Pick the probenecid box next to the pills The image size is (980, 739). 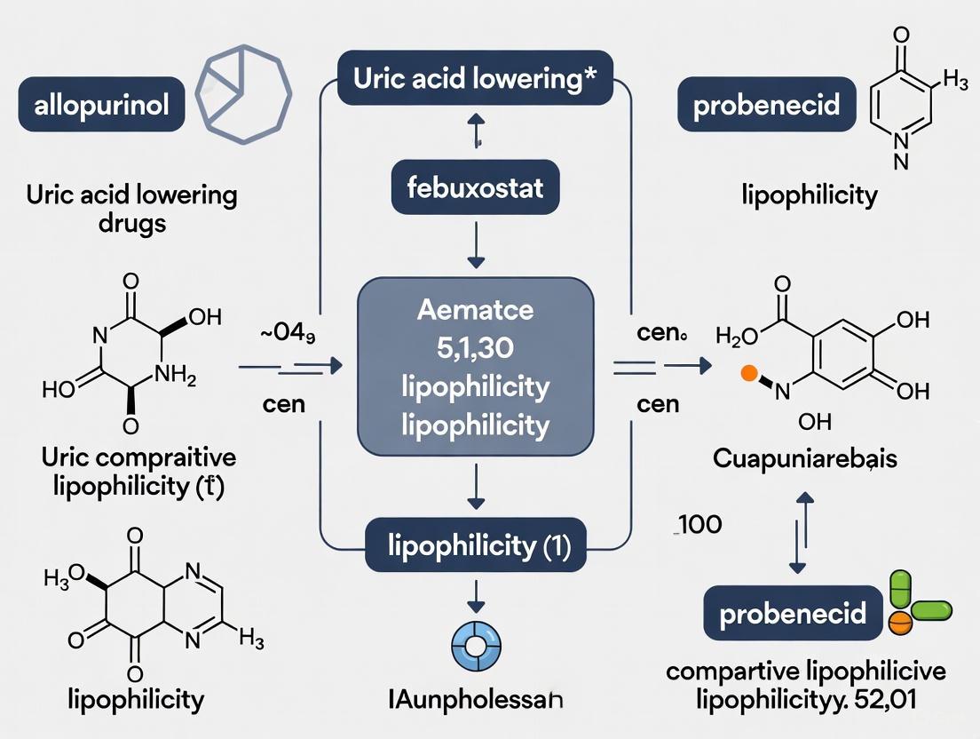coord(793,614)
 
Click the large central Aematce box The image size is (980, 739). coord(476,365)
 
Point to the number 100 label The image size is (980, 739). coord(698,524)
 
